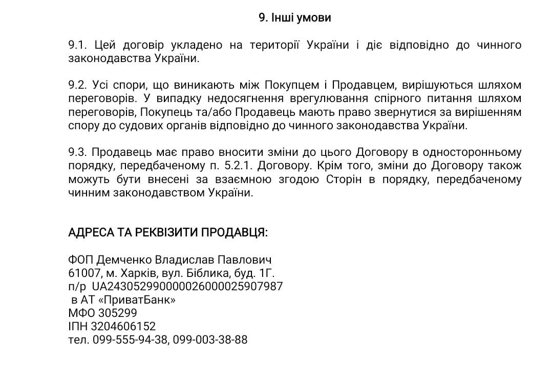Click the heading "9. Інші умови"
click(294, 18)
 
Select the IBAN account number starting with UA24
click(187, 287)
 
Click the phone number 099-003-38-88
click(210, 340)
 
